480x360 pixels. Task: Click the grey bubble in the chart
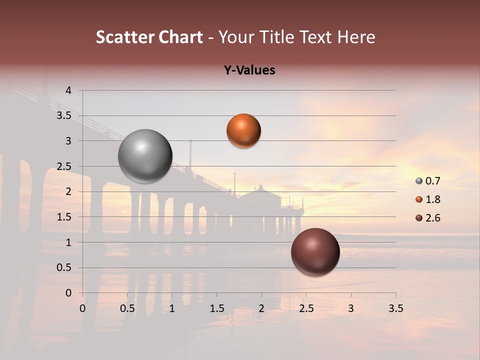[x=145, y=156]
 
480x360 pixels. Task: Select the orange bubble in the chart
[x=243, y=130]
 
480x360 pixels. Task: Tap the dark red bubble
[x=315, y=252]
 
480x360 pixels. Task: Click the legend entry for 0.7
[x=428, y=181]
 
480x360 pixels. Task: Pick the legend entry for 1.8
[x=428, y=199]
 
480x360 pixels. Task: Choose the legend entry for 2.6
[x=428, y=218]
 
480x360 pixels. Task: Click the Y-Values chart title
[x=249, y=70]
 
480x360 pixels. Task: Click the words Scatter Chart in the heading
[x=149, y=37]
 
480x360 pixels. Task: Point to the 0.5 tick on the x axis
[x=127, y=308]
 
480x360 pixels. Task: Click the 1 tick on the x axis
[x=172, y=308]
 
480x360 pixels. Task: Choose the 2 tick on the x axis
[x=261, y=308]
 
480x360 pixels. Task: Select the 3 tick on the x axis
[x=351, y=308]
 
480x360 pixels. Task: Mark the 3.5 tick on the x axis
[x=395, y=308]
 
